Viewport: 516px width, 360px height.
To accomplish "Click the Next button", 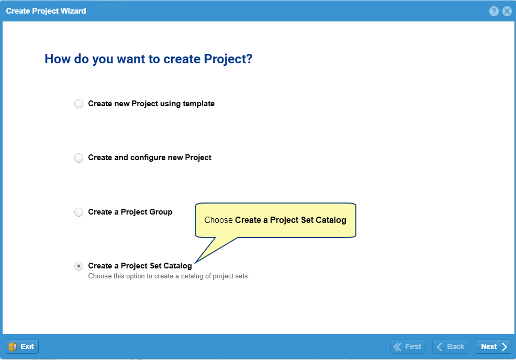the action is point(493,346).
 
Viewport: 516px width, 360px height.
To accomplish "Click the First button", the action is point(408,346).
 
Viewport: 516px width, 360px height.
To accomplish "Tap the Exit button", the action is point(22,346).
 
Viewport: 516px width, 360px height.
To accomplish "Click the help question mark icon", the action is point(493,11).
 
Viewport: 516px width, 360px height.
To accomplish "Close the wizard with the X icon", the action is point(507,11).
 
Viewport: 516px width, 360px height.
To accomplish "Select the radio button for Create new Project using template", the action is point(78,104).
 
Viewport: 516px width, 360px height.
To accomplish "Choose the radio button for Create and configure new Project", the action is point(78,158).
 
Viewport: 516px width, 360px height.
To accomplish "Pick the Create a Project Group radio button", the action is point(78,212).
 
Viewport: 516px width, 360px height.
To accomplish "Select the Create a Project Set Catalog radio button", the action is point(78,266).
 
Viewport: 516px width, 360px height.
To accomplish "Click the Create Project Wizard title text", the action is point(46,11).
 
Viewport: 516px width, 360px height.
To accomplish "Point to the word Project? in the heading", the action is point(228,59).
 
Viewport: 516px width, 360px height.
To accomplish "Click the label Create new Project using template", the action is point(151,104).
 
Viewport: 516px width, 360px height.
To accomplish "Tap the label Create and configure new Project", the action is point(150,157).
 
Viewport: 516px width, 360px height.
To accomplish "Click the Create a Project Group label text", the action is point(130,212).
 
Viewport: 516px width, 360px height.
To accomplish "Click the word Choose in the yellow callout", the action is point(219,220).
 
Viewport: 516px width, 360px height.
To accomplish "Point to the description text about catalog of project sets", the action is point(169,276).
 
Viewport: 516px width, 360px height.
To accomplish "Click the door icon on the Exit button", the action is point(13,346).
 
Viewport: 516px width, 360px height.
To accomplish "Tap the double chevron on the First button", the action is point(398,346).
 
